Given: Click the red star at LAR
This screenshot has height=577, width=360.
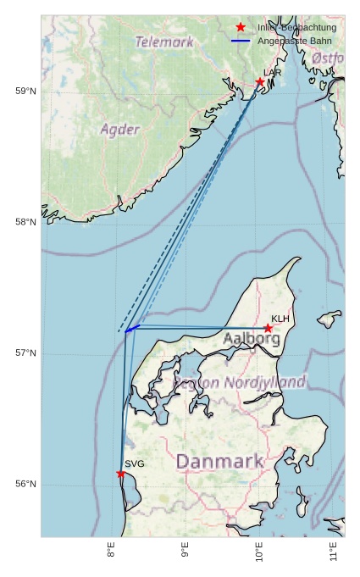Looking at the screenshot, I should tap(260, 82).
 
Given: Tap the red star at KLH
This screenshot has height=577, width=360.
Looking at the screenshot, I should tap(268, 328).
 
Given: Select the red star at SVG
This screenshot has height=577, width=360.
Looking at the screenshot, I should tap(121, 474).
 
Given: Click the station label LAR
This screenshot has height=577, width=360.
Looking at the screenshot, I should tap(272, 73).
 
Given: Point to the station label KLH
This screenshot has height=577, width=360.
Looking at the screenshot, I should tap(280, 319).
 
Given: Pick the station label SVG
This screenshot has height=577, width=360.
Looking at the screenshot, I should tap(135, 464).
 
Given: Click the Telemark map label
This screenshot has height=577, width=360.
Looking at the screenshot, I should tap(164, 42).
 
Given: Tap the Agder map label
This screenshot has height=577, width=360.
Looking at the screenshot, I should tap(119, 130).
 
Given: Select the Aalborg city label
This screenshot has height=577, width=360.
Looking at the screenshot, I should tap(252, 339).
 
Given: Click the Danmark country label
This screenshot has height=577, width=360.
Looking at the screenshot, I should tap(219, 462).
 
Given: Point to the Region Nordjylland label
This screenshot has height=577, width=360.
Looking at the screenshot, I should tap(240, 383).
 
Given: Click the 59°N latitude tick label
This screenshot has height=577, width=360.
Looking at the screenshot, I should tap(26, 92).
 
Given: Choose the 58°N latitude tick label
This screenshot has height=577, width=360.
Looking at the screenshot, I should tap(26, 223).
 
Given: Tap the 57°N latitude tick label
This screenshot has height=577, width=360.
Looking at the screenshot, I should tap(26, 353).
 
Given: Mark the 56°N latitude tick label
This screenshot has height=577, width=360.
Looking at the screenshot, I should tap(26, 485).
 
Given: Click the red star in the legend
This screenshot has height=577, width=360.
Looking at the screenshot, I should tap(241, 28).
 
